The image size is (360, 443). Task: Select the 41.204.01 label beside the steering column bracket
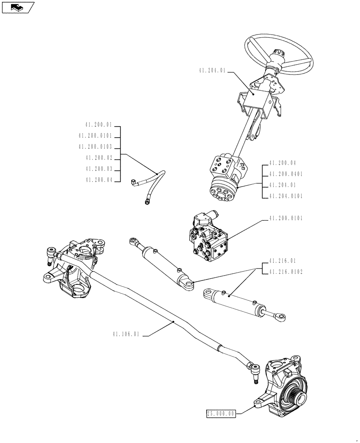pos(213,70)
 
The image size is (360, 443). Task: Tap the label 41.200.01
pos(99,125)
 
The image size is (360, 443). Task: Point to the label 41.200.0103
pos(95,147)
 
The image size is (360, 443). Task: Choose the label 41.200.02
pos(99,158)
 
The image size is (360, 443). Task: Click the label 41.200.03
pos(99,169)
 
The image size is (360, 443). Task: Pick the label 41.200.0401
pos(285,174)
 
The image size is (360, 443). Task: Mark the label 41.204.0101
pos(285,196)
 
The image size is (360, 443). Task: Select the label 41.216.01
pos(282,261)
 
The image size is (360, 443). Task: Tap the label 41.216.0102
pos(285,272)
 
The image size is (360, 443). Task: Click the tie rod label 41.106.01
pos(126,335)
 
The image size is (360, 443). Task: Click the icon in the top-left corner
pos(18,7)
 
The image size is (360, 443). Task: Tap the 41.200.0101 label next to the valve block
pos(285,219)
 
